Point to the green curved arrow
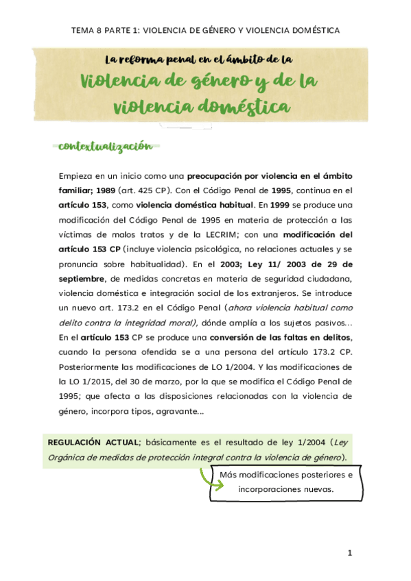(209, 480)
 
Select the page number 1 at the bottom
(349, 552)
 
